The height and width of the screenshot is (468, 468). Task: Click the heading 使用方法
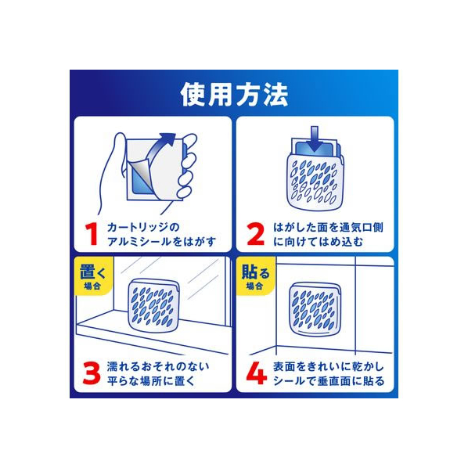(x=234, y=95)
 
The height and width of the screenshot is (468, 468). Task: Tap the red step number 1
(x=92, y=234)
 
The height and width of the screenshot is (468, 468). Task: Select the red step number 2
(x=256, y=234)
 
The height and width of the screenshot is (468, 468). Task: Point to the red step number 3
(x=92, y=373)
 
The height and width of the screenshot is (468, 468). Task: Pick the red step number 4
(x=257, y=373)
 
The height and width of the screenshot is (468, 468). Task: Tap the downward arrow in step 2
(x=315, y=138)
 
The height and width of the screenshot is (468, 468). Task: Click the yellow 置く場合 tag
(x=93, y=275)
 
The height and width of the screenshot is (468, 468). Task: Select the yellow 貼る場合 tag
(x=255, y=275)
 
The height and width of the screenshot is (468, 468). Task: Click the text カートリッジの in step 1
(x=143, y=228)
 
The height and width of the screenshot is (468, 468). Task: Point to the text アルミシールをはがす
(x=161, y=242)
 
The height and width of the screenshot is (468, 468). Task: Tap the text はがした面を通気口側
(x=328, y=228)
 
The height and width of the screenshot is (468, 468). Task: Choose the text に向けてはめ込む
(x=319, y=242)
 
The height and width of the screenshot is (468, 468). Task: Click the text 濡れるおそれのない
(x=158, y=366)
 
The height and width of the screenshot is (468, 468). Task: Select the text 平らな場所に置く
(x=151, y=381)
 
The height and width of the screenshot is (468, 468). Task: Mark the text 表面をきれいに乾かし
(x=329, y=366)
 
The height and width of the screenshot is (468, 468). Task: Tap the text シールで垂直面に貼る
(x=329, y=381)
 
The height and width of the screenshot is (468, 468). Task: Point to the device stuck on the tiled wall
(x=315, y=309)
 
